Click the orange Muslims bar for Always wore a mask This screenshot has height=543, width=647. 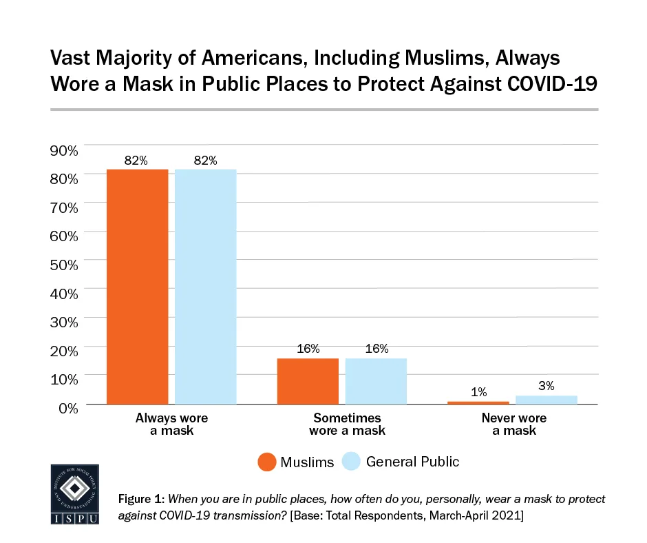coord(137,286)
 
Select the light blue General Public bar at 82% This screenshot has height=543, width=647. coord(205,286)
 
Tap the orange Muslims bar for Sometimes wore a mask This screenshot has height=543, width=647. coord(308,381)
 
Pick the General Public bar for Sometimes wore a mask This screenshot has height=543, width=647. coord(376,381)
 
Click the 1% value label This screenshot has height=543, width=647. coord(479,391)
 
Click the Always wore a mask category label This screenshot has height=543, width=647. coord(171,424)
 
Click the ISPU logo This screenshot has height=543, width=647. coord(75,494)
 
